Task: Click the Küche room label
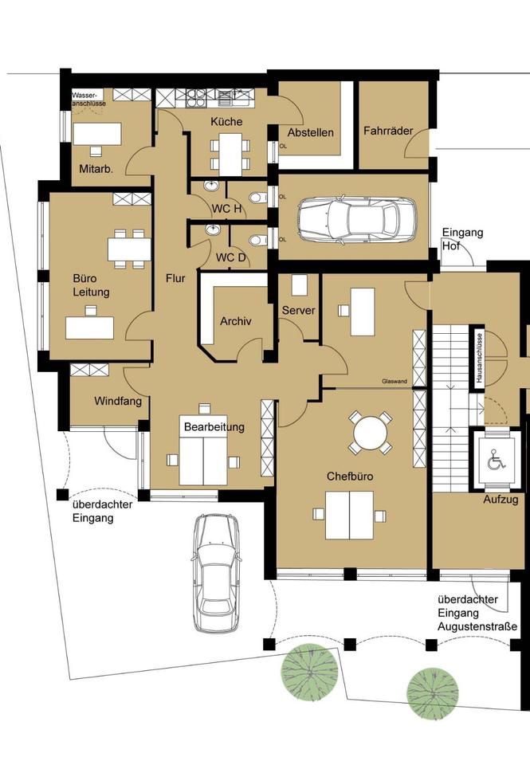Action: click(x=226, y=122)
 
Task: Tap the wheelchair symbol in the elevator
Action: click(x=496, y=460)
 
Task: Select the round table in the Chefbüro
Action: click(x=371, y=433)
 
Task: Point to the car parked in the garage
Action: click(x=357, y=219)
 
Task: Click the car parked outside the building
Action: click(x=217, y=573)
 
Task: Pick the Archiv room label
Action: click(x=236, y=321)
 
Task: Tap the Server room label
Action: click(x=299, y=310)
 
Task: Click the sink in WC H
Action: click(x=212, y=186)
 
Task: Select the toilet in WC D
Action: click(x=257, y=240)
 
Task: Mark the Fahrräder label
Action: click(x=388, y=131)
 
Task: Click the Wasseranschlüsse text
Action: click(x=88, y=100)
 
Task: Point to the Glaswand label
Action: click(x=395, y=382)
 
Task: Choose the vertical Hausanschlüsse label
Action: click(x=480, y=358)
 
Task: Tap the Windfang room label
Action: click(x=118, y=402)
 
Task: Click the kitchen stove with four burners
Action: click(x=194, y=98)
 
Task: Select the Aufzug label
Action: click(x=501, y=500)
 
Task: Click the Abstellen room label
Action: click(x=310, y=133)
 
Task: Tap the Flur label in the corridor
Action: click(x=175, y=278)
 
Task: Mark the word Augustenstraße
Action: click(x=477, y=626)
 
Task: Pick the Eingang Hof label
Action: click(x=462, y=239)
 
